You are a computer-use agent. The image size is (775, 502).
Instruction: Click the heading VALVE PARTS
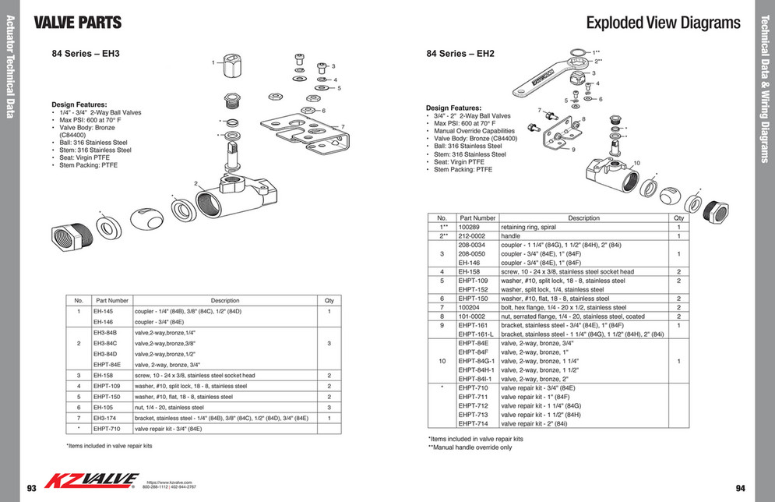pyautogui.click(x=78, y=23)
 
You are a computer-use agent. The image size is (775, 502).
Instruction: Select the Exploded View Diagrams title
pyautogui.click(x=663, y=23)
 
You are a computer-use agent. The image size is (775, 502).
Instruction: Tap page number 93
pyautogui.click(x=32, y=488)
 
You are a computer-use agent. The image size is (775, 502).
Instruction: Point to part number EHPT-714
pyautogui.click(x=473, y=424)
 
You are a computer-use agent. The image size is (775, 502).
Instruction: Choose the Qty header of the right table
pyautogui.click(x=678, y=218)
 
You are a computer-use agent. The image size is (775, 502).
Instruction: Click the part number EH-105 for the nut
pyautogui.click(x=104, y=408)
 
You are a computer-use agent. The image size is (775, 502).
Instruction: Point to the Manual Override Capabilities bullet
pyautogui.click(x=474, y=131)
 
